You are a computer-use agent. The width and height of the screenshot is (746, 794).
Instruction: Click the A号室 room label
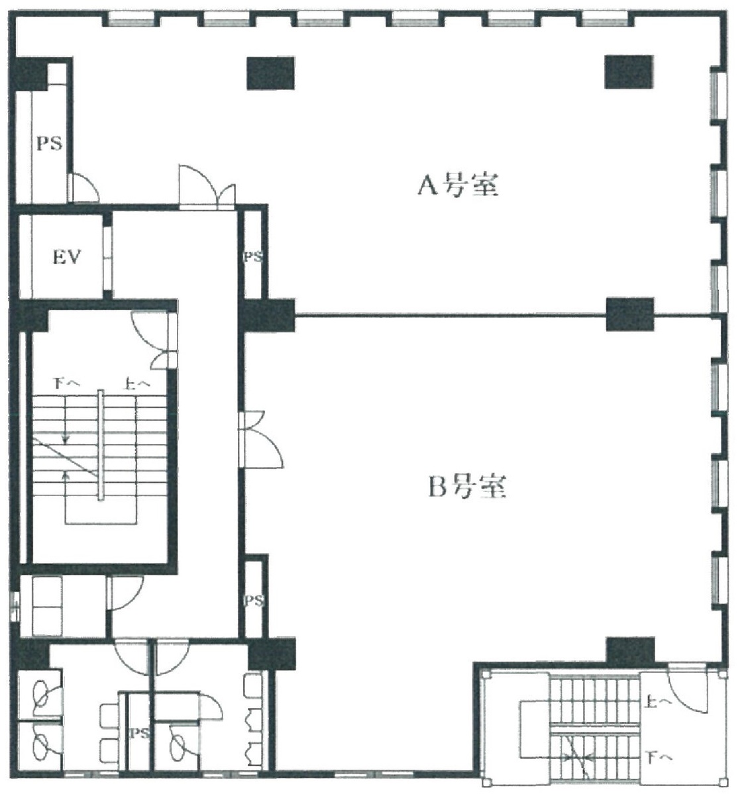pyautogui.click(x=456, y=185)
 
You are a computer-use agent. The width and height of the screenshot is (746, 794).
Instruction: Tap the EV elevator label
pyautogui.click(x=66, y=257)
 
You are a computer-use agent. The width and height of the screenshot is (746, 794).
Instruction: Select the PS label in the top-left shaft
pyautogui.click(x=48, y=143)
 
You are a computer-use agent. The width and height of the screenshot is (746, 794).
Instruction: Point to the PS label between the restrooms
pyautogui.click(x=138, y=733)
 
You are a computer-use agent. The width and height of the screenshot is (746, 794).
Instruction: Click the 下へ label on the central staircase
pyautogui.click(x=66, y=382)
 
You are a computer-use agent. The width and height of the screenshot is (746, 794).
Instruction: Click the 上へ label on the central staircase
pyautogui.click(x=137, y=382)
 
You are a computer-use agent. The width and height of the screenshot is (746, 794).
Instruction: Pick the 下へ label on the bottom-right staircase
pyautogui.click(x=659, y=755)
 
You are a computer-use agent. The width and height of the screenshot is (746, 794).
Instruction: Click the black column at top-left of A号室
pyautogui.click(x=270, y=73)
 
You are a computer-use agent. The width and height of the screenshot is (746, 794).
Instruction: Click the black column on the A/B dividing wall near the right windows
pyautogui.click(x=630, y=314)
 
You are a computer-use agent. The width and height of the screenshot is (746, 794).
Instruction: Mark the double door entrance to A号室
pyautogui.click(x=207, y=187)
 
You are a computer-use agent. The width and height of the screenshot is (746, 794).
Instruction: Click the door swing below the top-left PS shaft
pyautogui.click(x=84, y=188)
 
